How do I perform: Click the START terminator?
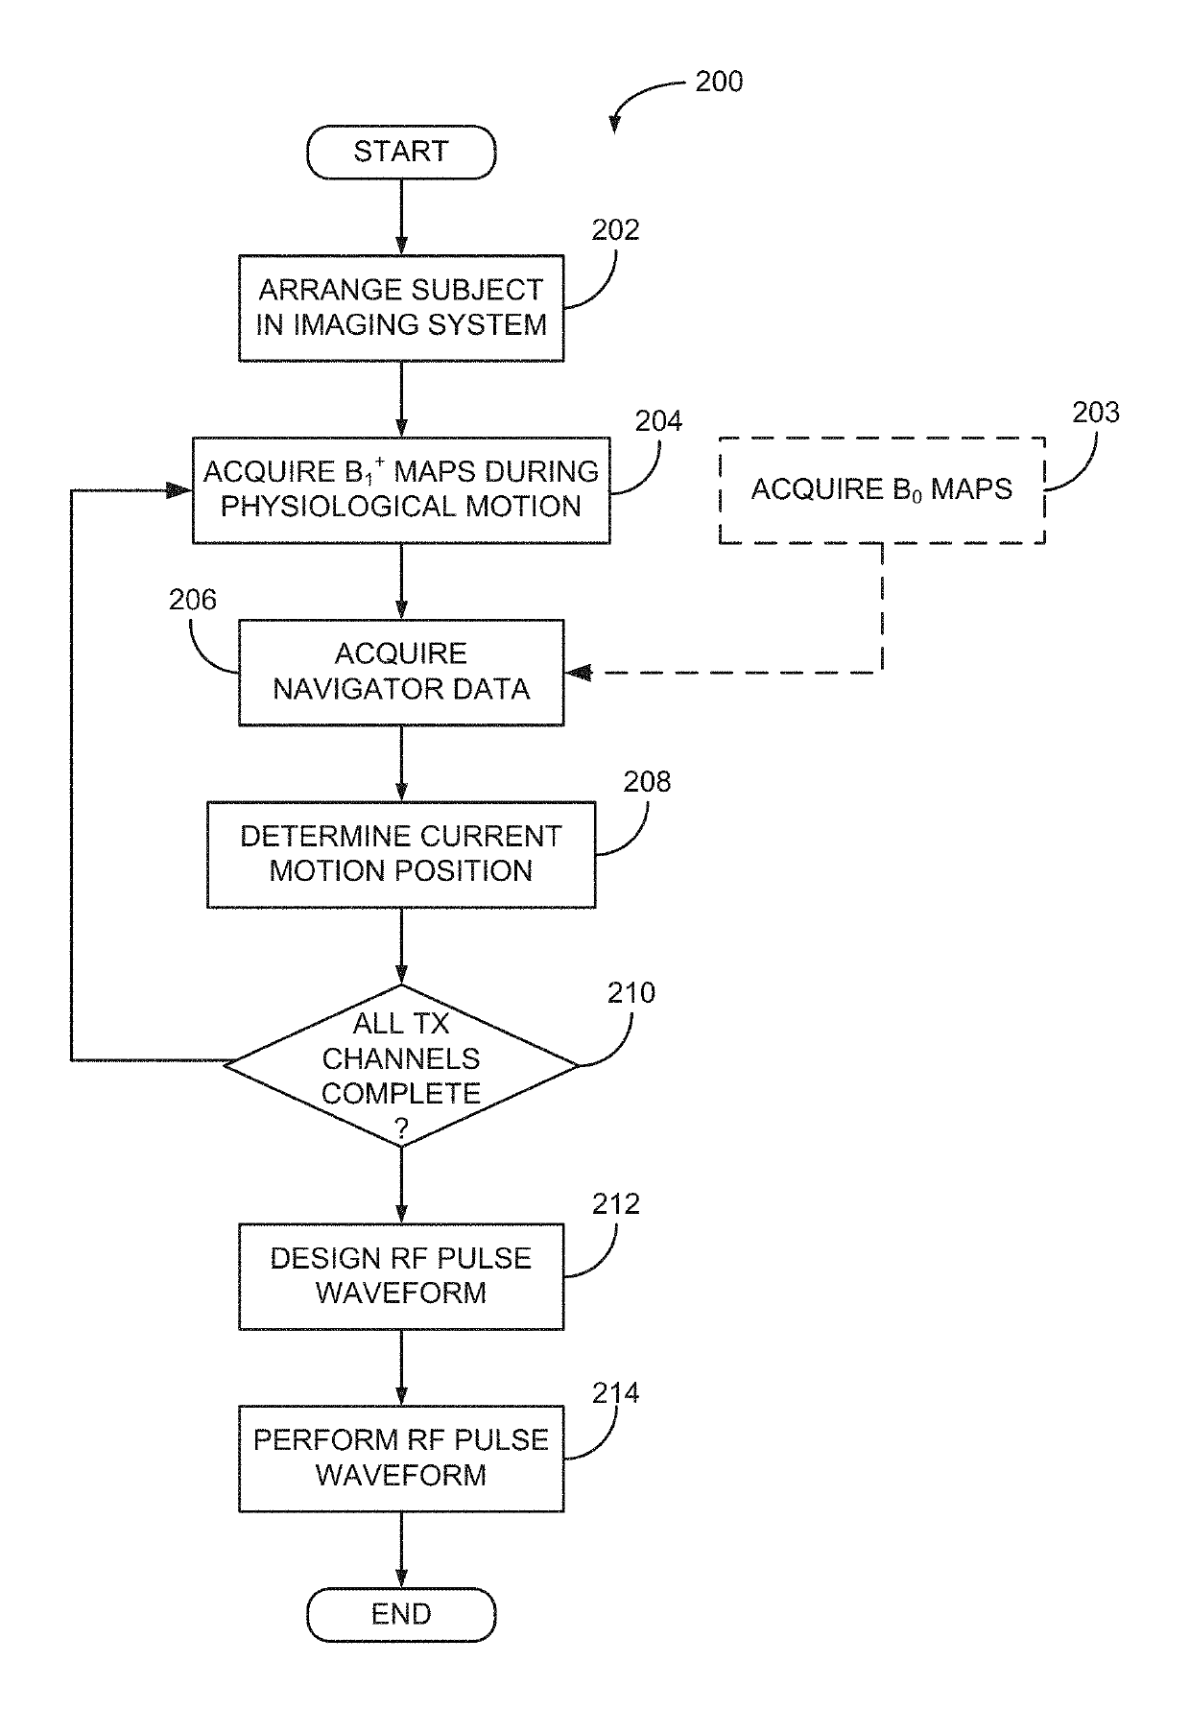coord(401,152)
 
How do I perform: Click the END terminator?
coord(401,1614)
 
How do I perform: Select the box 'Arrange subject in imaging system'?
coord(401,308)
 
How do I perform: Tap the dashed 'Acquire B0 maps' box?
coord(882,490)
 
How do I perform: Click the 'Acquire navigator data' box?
coord(401,672)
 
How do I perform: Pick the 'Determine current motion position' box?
coord(401,854)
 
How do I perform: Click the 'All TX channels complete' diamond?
coord(401,1065)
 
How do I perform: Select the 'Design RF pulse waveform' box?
coord(401,1276)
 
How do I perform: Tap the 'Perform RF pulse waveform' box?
coord(401,1459)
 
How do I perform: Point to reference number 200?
coord(719,82)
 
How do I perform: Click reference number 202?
coord(615,230)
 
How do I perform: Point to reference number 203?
coord(1096,413)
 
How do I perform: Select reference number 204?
coord(658,421)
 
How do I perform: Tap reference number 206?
coord(193,600)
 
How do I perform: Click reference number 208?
coord(647,782)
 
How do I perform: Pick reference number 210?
coord(631,993)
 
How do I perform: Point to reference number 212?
coord(615,1204)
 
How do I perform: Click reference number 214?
coord(615,1392)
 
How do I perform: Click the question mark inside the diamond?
coord(401,1130)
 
